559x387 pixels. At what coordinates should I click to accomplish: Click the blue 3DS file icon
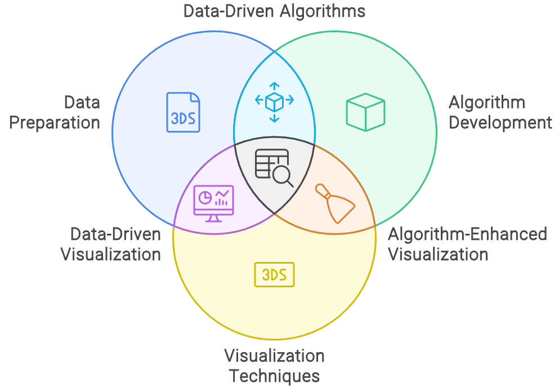[x=184, y=113]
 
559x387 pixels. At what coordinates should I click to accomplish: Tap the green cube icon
[x=365, y=113]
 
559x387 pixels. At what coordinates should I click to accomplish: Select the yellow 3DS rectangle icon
[x=274, y=275]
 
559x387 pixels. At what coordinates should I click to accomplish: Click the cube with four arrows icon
[x=274, y=101]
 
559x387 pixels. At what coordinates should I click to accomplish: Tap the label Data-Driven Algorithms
[x=275, y=11]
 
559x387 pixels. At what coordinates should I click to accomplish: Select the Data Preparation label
[x=55, y=113]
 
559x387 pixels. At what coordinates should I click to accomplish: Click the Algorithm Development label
[x=500, y=113]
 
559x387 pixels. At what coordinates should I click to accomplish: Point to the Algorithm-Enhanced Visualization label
[x=467, y=244]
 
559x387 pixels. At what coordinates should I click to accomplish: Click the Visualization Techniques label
[x=274, y=366]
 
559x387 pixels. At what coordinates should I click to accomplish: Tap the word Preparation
[x=55, y=123]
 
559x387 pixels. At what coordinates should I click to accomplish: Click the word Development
[x=500, y=123]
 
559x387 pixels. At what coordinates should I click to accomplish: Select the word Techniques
[x=274, y=376]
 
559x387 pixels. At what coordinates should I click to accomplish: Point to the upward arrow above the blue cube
[x=274, y=86]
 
